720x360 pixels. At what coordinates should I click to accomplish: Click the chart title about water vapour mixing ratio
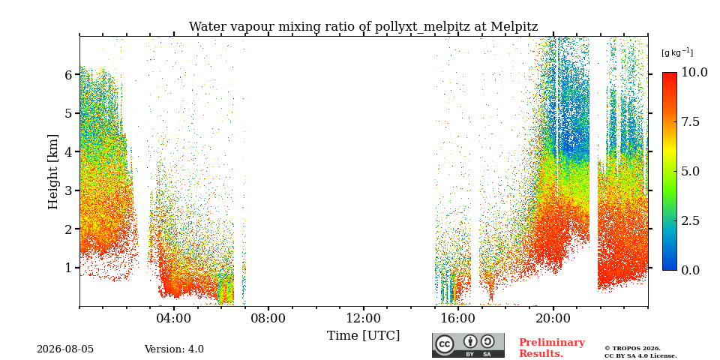coord(363,27)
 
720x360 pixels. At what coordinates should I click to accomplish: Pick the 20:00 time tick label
coord(553,318)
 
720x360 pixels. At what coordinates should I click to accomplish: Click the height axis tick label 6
coord(68,74)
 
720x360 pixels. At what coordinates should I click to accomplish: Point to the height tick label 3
coord(68,190)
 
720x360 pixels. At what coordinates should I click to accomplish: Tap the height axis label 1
coord(68,267)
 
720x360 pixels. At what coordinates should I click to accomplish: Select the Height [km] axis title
coord(53,172)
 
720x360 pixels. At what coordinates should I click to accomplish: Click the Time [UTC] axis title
coord(363,336)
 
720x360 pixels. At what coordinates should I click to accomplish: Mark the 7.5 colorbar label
coord(691,121)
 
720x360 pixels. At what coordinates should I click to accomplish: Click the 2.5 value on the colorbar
coord(691,220)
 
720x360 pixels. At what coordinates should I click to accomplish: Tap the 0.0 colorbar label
coord(691,270)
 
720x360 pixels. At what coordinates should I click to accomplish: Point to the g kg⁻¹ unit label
coord(677,52)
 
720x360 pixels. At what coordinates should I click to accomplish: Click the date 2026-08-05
coord(65,349)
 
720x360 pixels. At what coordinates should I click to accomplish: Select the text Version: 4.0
coord(174,349)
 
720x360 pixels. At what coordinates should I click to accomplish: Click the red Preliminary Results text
coord(552,348)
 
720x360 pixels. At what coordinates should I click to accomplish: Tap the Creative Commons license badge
coord(468,345)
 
